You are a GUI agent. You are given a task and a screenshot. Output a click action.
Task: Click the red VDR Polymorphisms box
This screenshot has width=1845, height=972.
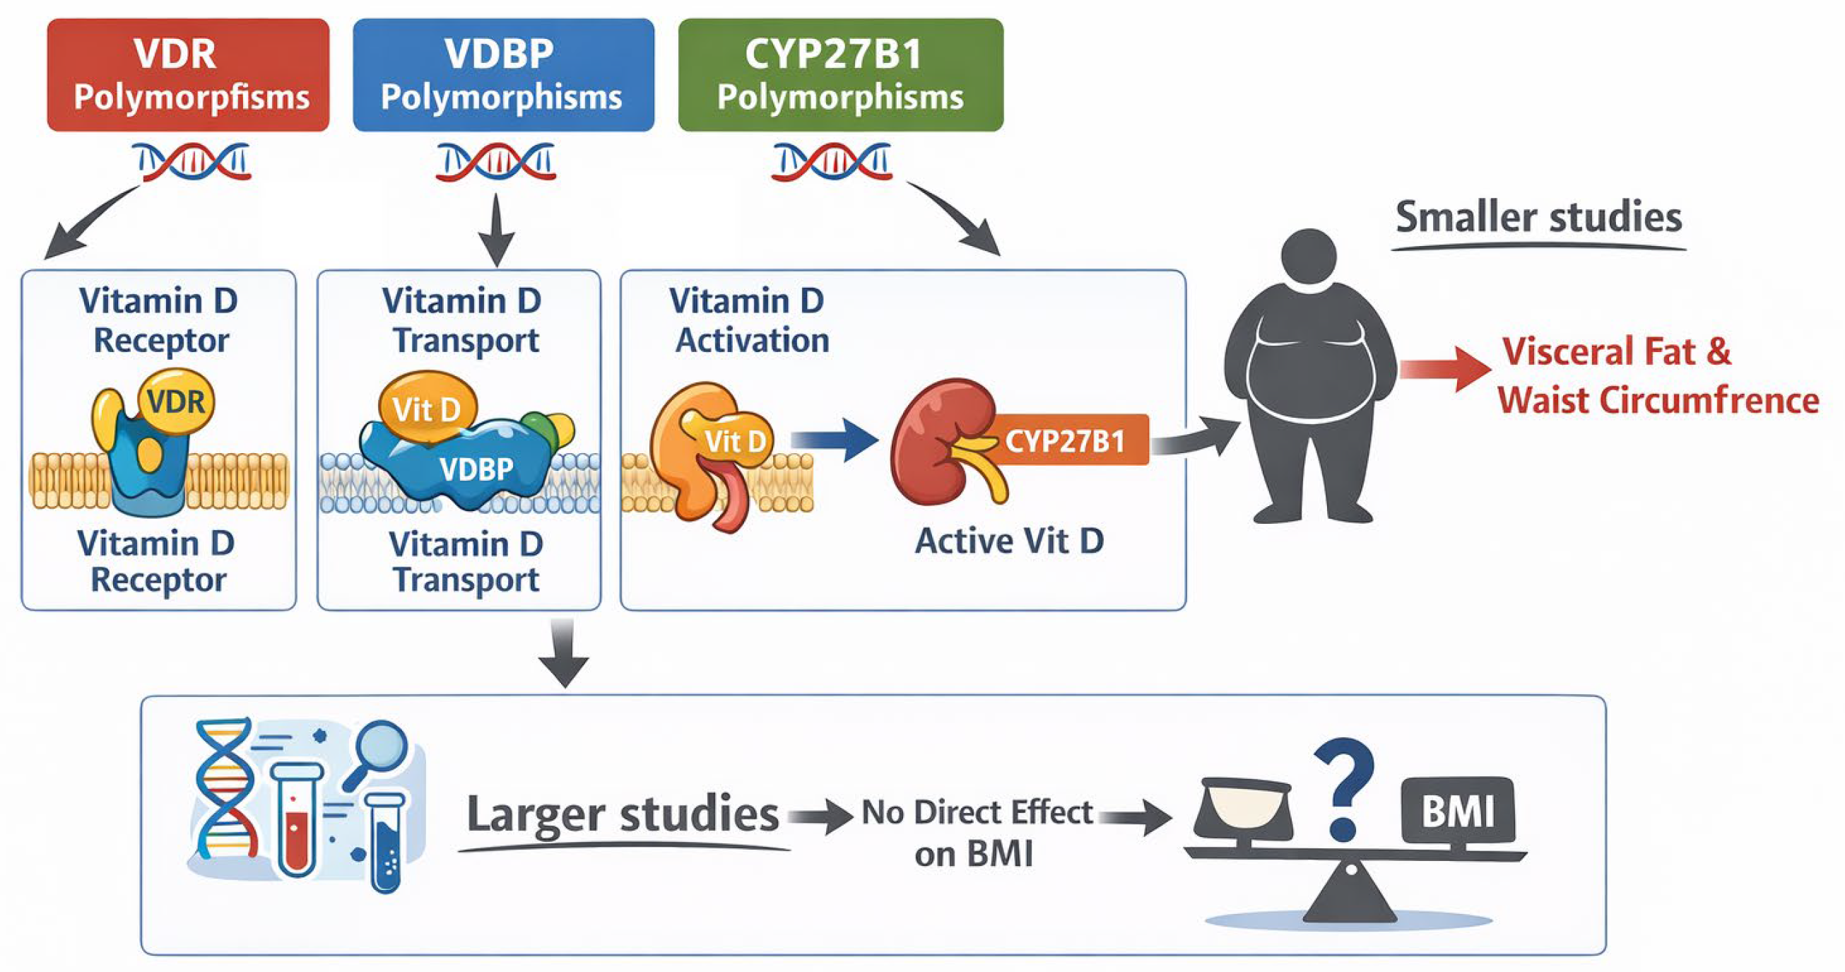pos(188,74)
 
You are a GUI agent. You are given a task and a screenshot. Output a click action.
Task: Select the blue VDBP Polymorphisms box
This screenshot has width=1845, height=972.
pos(503,74)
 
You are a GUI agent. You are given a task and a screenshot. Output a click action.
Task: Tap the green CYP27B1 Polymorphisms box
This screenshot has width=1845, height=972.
pos(840,74)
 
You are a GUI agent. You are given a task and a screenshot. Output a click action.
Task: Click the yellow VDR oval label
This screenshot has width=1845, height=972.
pos(176,401)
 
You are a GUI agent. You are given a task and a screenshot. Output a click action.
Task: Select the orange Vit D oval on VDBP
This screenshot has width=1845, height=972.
pos(427,409)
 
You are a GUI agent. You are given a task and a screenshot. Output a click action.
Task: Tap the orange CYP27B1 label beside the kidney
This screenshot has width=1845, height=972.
pos(1065,440)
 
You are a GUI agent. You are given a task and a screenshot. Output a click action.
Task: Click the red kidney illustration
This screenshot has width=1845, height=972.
pos(935,440)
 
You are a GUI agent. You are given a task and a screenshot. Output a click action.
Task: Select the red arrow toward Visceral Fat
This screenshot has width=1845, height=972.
pos(1443,368)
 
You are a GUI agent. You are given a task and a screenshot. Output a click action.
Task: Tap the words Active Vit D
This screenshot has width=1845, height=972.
pos(1008,541)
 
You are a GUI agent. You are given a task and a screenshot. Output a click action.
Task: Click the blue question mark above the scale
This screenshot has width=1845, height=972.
pos(1343,788)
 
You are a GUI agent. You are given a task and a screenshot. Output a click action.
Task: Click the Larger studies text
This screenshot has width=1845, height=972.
pos(622,814)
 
